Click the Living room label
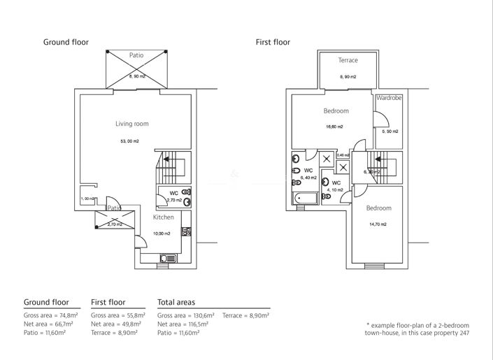click(132, 124)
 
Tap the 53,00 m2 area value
click(130, 141)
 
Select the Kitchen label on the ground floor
click(164, 217)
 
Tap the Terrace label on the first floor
click(348, 60)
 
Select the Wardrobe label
click(389, 99)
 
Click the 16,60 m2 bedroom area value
click(336, 127)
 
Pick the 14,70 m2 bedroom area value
click(378, 224)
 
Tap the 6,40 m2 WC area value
click(308, 178)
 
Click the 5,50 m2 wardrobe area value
click(390, 131)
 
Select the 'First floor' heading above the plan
click(273, 43)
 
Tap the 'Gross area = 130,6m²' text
click(186, 316)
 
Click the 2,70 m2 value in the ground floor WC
click(173, 200)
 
